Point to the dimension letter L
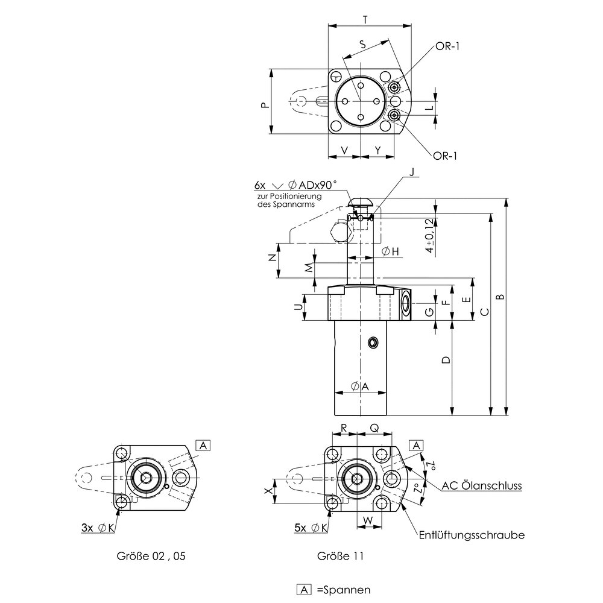click(429, 108)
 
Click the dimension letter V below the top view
click(344, 149)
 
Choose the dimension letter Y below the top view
click(377, 149)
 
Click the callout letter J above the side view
click(411, 172)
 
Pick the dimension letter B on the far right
click(500, 297)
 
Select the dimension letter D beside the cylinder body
click(445, 361)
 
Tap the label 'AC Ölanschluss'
click(481, 486)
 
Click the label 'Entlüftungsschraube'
click(472, 535)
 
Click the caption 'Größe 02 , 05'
click(150, 557)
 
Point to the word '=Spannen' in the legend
click(343, 589)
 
